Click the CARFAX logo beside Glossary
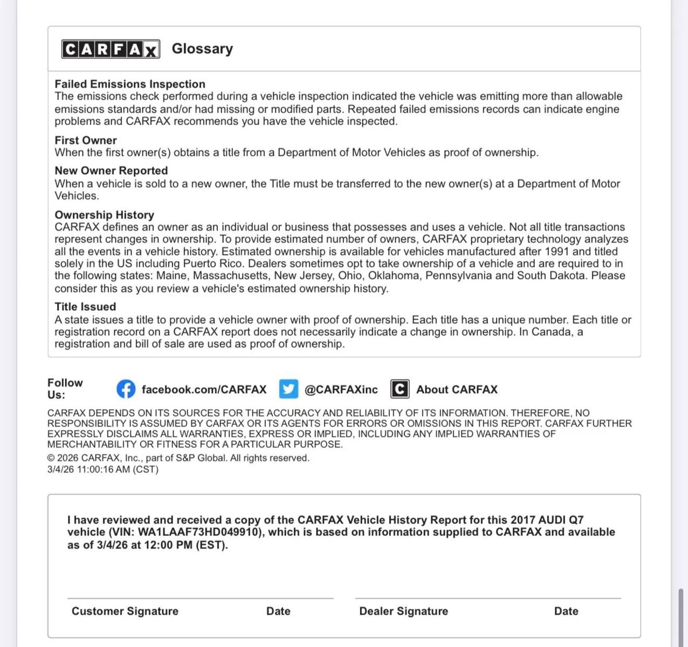coord(111,49)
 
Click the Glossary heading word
coord(202,49)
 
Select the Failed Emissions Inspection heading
coord(130,84)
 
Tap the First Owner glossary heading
coord(86,140)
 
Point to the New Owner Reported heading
coord(111,171)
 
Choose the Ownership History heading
coord(104,215)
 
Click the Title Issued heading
coord(85,307)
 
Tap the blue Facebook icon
coord(126,389)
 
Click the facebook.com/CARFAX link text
coord(204,389)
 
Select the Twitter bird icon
coord(288,389)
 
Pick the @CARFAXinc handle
coord(341,389)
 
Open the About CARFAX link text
coord(457,389)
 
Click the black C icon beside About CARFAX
coord(400,389)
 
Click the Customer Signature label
coord(125,611)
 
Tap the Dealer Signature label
coord(403,611)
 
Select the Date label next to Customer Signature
coord(278,611)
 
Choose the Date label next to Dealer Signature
coord(566,611)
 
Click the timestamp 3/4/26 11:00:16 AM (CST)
coord(103,469)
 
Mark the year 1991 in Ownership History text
coord(557,251)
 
